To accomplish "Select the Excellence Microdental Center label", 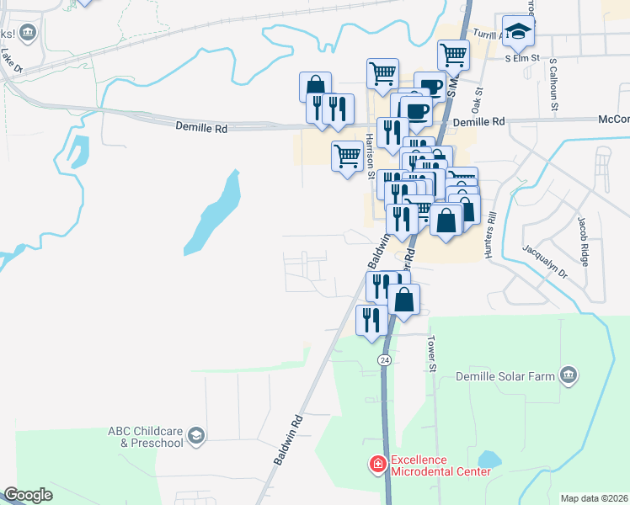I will (x=439, y=465).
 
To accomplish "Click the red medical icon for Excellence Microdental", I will (x=377, y=464).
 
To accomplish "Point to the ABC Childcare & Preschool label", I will (x=145, y=437).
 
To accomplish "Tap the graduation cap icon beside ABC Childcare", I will (x=195, y=434).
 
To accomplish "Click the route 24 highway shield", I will (x=385, y=359).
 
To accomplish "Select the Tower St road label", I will (x=433, y=354).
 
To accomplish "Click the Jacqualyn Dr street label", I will (x=545, y=262).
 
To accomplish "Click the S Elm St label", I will (x=521, y=59).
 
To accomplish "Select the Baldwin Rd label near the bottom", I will (x=287, y=439).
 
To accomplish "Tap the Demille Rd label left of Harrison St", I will (x=201, y=127).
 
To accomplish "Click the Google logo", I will (x=29, y=495).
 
